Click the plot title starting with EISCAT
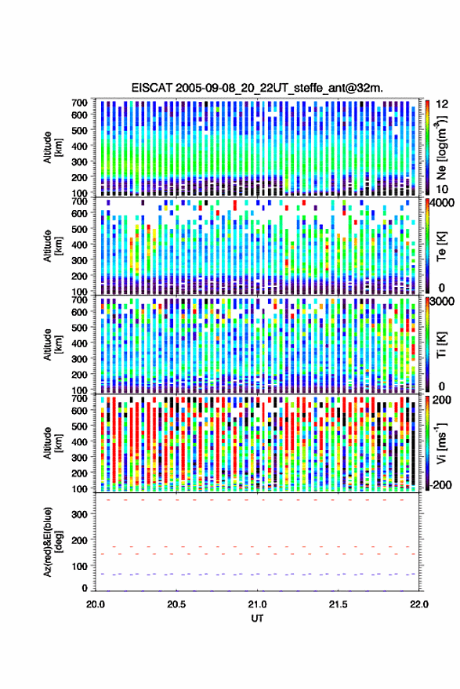tap(257, 88)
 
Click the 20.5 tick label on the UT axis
tap(176, 604)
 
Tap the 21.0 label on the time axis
tap(257, 604)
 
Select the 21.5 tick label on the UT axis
tap(338, 604)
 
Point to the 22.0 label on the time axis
tap(418, 604)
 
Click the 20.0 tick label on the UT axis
tap(96, 604)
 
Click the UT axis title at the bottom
tap(257, 618)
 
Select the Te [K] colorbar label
tap(441, 246)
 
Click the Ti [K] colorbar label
tap(441, 345)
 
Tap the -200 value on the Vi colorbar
tap(440, 485)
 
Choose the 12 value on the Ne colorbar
tap(442, 104)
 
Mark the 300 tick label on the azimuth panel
tap(80, 514)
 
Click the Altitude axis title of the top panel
tap(53, 147)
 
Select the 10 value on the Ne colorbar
tap(442, 189)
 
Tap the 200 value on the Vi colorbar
tap(442, 401)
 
